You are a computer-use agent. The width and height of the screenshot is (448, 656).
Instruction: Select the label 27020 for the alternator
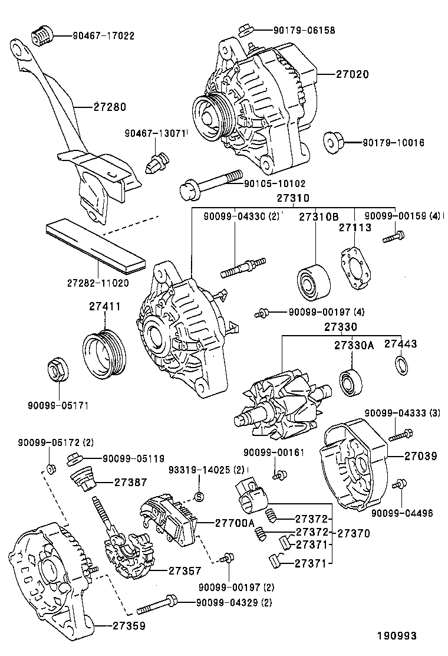point(353,74)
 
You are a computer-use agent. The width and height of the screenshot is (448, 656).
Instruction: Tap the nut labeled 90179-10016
point(333,142)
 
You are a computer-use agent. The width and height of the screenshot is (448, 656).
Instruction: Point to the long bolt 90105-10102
point(210,185)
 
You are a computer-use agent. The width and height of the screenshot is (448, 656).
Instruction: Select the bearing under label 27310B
point(314,282)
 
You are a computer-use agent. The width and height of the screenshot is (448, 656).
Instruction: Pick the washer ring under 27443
point(402,365)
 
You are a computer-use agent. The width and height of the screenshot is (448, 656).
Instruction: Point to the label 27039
point(421,455)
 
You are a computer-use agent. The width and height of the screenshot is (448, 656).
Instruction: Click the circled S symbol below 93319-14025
point(199,496)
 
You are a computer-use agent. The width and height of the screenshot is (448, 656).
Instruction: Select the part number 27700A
point(235,523)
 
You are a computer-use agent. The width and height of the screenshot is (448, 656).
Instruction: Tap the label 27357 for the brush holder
point(185,570)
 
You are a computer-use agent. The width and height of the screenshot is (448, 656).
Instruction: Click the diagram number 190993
point(397,636)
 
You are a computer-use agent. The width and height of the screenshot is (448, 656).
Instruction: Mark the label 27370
point(354,533)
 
